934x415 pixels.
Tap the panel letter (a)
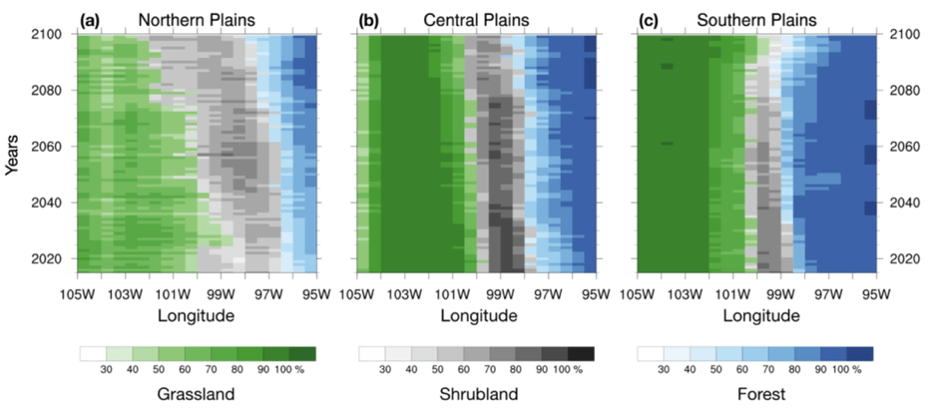click(94, 19)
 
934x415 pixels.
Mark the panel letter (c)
click(649, 19)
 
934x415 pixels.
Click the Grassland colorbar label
click(196, 395)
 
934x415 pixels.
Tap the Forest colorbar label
click(755, 395)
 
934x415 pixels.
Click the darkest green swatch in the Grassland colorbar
click(302, 353)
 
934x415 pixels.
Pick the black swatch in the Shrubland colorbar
click(581, 353)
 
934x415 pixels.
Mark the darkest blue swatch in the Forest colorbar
click(860, 353)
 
